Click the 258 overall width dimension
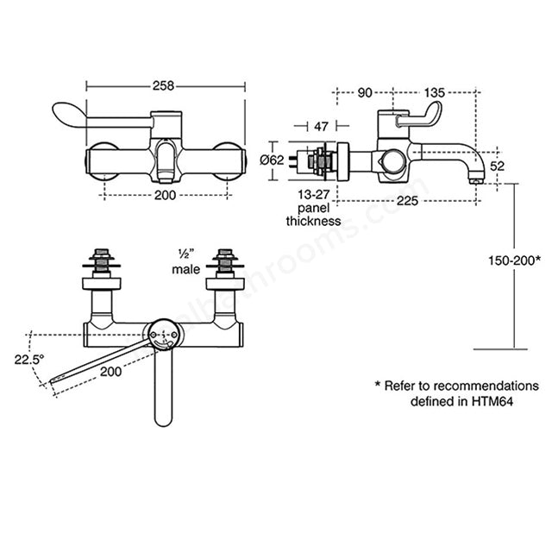click(163, 85)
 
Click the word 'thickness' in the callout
click(313, 221)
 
